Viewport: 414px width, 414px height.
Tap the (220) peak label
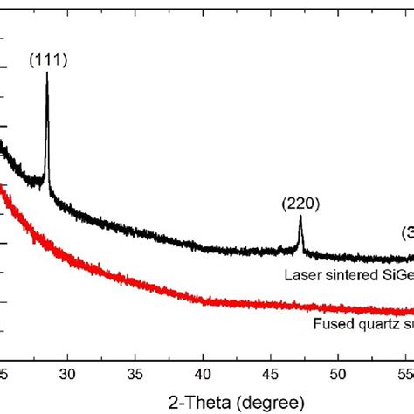[x=300, y=204]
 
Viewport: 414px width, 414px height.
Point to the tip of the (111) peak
[x=46, y=73]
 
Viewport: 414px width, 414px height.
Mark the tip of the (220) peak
[x=300, y=217]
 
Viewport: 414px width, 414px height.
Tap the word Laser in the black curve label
[x=300, y=275]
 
